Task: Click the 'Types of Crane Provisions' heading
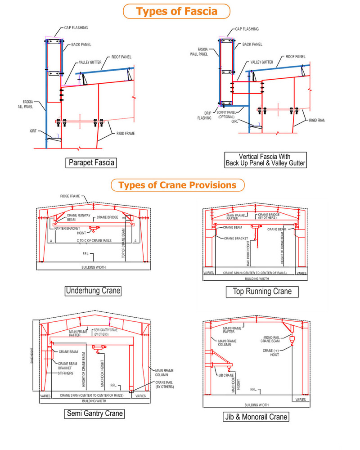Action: [177, 185]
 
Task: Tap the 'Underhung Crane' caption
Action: [93, 290]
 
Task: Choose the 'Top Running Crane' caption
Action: [262, 292]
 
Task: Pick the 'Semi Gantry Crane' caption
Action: [94, 413]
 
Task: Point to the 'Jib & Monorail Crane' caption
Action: [256, 417]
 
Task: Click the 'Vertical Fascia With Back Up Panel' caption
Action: [265, 160]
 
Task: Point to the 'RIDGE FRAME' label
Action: [70, 197]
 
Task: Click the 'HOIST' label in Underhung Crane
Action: [81, 233]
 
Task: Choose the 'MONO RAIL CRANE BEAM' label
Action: [274, 340]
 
